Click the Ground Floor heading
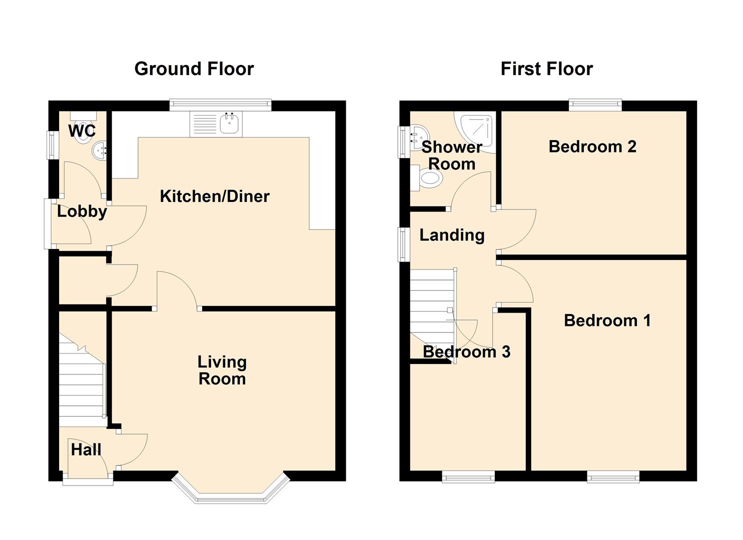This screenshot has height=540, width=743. (x=194, y=69)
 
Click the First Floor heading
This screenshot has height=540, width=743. (x=546, y=69)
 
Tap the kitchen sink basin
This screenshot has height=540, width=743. (x=230, y=123)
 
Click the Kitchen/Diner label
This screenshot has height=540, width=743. (x=214, y=196)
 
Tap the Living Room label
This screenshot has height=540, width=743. (x=222, y=370)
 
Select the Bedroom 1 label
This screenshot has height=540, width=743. (x=607, y=320)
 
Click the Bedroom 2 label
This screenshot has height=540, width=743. (x=592, y=146)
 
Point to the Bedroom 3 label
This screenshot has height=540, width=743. (x=466, y=352)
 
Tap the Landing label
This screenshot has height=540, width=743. (x=451, y=235)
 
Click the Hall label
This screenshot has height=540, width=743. (x=86, y=449)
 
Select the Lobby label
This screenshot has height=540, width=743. (x=82, y=211)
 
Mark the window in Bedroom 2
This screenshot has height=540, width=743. (x=595, y=105)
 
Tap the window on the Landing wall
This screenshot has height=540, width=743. (x=403, y=244)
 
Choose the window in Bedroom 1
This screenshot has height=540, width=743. (x=613, y=476)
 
